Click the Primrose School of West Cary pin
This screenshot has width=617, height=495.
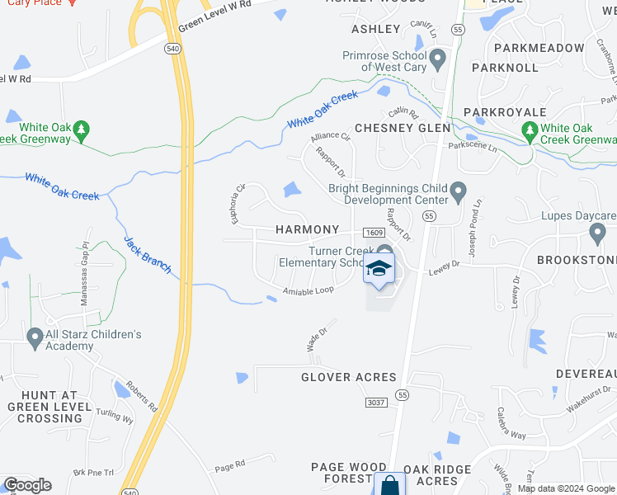(x=438, y=59)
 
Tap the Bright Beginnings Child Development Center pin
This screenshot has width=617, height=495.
(x=459, y=195)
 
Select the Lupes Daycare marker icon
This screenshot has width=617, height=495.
(x=598, y=235)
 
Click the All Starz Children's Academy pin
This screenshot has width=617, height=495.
(x=35, y=337)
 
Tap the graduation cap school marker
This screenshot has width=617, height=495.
(x=379, y=269)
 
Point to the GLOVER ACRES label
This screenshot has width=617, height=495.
(x=348, y=377)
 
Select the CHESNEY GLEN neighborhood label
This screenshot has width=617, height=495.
(x=403, y=128)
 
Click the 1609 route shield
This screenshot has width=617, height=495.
(x=373, y=233)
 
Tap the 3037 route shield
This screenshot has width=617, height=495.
(x=377, y=401)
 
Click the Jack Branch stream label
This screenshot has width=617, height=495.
(x=148, y=254)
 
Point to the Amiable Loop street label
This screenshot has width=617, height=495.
(x=308, y=290)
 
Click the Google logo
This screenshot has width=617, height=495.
(x=27, y=485)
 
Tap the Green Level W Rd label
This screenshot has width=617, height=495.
(x=214, y=17)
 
